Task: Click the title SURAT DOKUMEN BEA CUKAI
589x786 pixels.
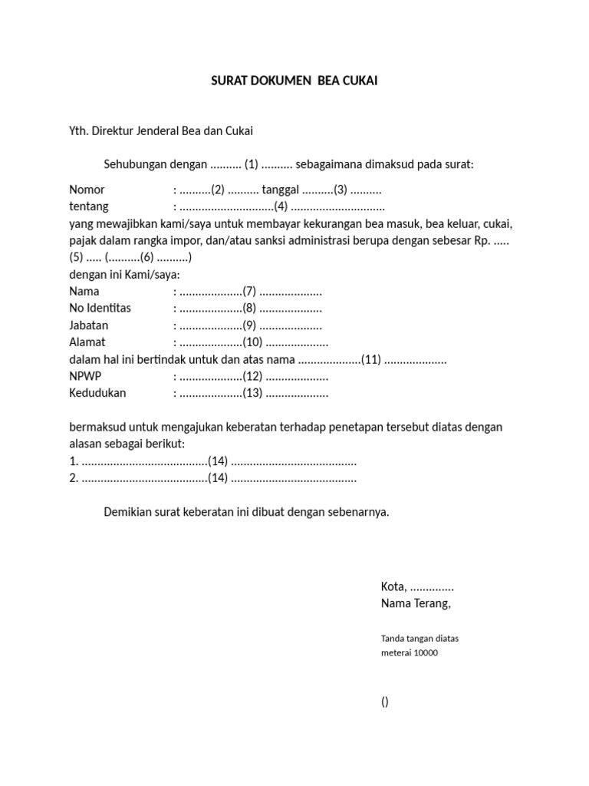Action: [x=294, y=80]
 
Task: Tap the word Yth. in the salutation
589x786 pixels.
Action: [x=79, y=130]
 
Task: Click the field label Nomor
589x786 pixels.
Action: [x=87, y=190]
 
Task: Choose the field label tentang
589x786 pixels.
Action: [x=89, y=206]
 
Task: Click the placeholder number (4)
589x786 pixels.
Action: [x=281, y=206]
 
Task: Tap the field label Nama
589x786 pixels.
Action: [x=84, y=292]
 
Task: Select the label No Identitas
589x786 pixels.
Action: [x=100, y=309]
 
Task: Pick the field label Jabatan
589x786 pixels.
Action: [x=89, y=325]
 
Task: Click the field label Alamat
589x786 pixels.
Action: [x=87, y=342]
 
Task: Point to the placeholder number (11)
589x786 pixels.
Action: [x=371, y=359]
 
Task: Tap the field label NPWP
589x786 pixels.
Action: [x=85, y=376]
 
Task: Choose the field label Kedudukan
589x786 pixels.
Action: [x=97, y=393]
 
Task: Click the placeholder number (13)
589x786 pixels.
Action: [x=252, y=393]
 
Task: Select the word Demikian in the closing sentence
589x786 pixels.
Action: [x=127, y=511]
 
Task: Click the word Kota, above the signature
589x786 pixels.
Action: [x=393, y=586]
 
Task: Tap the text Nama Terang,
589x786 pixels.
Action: [x=416, y=603]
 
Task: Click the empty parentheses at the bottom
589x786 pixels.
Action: [x=384, y=702]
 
